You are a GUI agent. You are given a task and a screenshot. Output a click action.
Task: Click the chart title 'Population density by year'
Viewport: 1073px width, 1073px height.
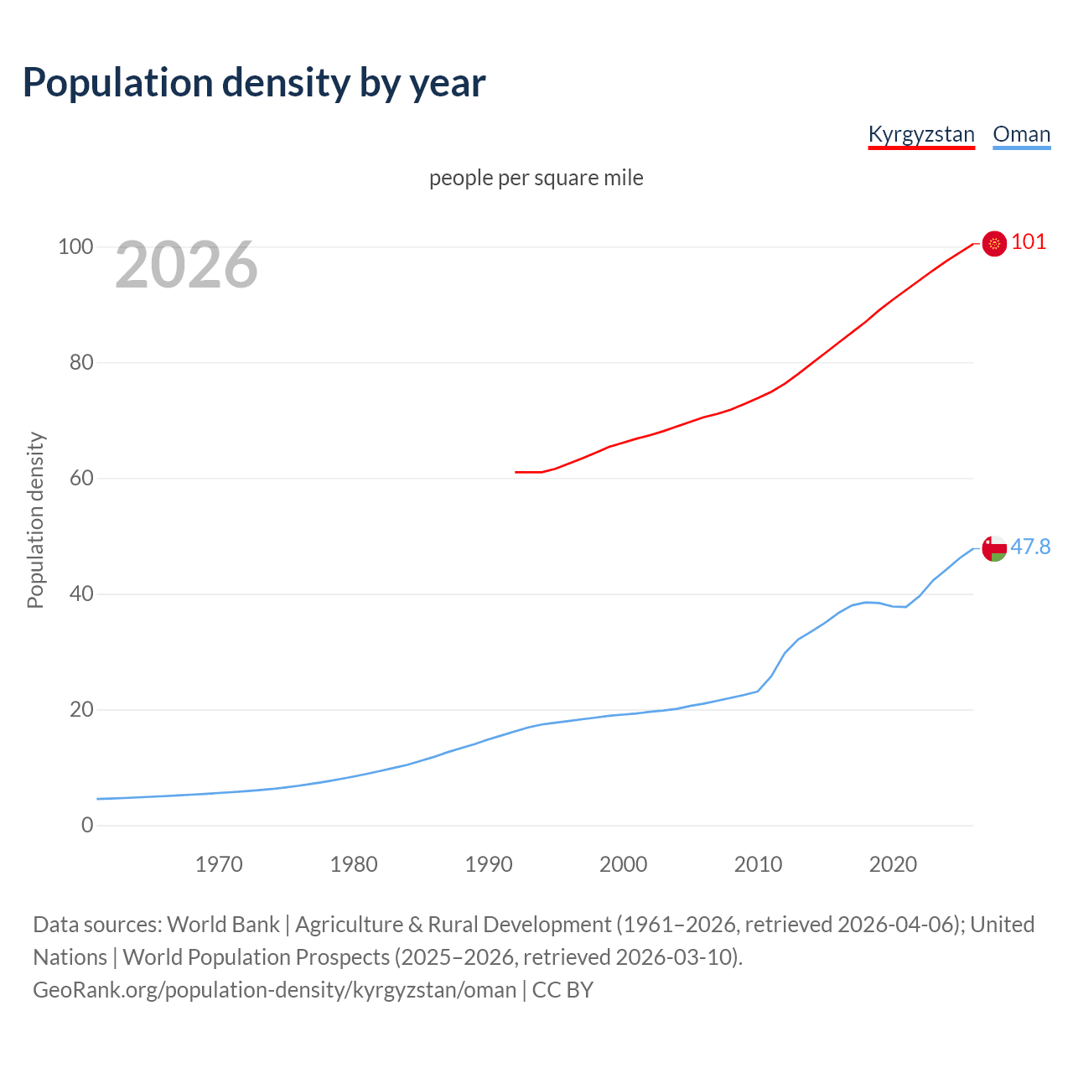pyautogui.click(x=254, y=83)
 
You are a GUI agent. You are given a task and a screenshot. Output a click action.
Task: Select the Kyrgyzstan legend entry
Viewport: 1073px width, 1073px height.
pyautogui.click(x=921, y=134)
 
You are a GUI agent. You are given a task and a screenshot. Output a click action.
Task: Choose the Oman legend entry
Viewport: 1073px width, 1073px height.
pyautogui.click(x=1021, y=134)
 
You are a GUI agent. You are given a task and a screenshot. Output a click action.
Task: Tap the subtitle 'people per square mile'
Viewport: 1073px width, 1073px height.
pyautogui.click(x=536, y=178)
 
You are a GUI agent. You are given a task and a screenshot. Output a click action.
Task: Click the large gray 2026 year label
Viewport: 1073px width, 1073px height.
pyautogui.click(x=186, y=265)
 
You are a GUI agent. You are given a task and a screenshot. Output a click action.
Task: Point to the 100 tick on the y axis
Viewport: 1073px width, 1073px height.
pyautogui.click(x=75, y=247)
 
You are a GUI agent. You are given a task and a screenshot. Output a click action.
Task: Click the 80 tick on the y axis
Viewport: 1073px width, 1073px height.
pyautogui.click(x=80, y=363)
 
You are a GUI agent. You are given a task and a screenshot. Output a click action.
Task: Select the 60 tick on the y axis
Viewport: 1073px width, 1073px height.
pyautogui.click(x=80, y=479)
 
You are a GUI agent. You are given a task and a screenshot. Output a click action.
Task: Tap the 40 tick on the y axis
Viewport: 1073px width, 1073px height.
pyautogui.click(x=80, y=594)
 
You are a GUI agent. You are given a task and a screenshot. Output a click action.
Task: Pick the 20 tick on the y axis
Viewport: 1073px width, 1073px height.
pyautogui.click(x=80, y=710)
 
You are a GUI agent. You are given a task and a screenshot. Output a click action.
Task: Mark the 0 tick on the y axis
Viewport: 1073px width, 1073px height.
pyautogui.click(x=87, y=826)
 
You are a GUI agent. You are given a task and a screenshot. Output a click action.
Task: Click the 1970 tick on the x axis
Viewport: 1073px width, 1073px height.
pyautogui.click(x=219, y=864)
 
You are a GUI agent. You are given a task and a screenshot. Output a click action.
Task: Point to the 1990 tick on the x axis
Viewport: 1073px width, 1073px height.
pyautogui.click(x=489, y=864)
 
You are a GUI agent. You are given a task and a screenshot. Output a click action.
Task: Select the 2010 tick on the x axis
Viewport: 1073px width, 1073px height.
pyautogui.click(x=758, y=864)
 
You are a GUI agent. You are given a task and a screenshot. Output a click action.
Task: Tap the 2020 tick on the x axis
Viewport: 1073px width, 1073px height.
pyautogui.click(x=893, y=864)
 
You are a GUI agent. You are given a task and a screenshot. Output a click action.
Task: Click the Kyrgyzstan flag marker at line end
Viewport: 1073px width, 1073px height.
pyautogui.click(x=994, y=244)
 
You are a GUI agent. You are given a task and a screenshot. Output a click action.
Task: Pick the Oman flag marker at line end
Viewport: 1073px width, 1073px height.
pyautogui.click(x=994, y=548)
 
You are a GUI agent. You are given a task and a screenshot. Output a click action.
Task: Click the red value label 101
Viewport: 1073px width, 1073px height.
pyautogui.click(x=1029, y=242)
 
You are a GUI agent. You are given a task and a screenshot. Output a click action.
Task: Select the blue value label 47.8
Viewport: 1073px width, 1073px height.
pyautogui.click(x=1030, y=547)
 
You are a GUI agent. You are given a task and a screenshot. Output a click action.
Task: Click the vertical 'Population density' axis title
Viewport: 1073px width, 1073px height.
pyautogui.click(x=35, y=520)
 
